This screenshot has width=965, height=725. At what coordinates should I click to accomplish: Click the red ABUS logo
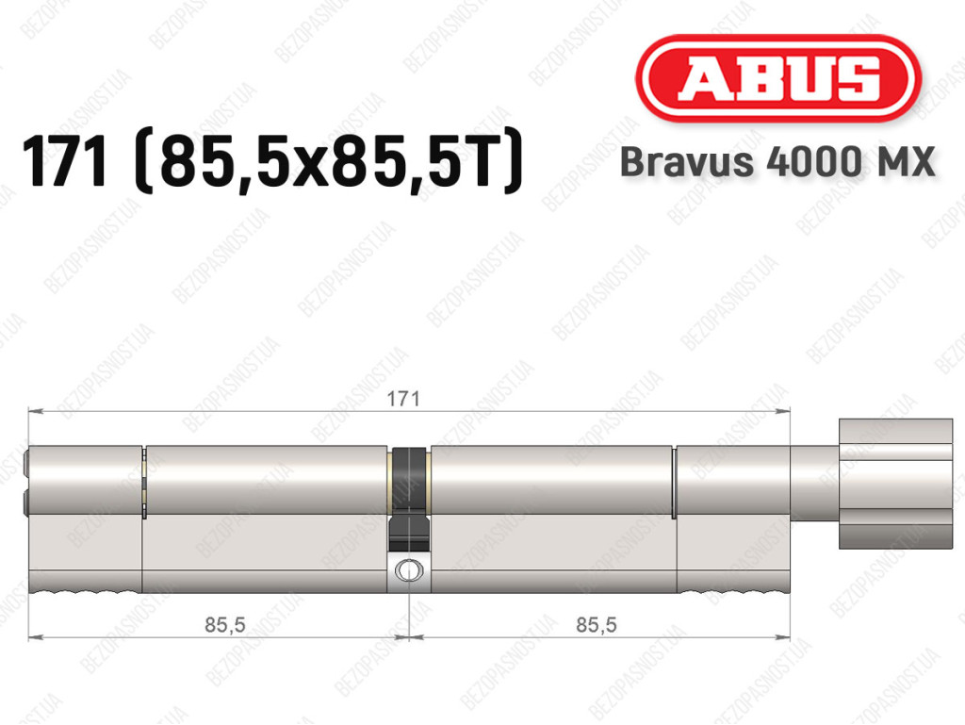777,78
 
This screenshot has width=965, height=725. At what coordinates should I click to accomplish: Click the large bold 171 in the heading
65,161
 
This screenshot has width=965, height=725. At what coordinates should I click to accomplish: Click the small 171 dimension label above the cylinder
403,399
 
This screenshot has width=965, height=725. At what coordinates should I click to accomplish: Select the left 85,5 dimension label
224,625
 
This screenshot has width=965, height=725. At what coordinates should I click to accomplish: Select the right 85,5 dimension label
597,625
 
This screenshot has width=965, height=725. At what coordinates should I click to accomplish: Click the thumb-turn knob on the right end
895,484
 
